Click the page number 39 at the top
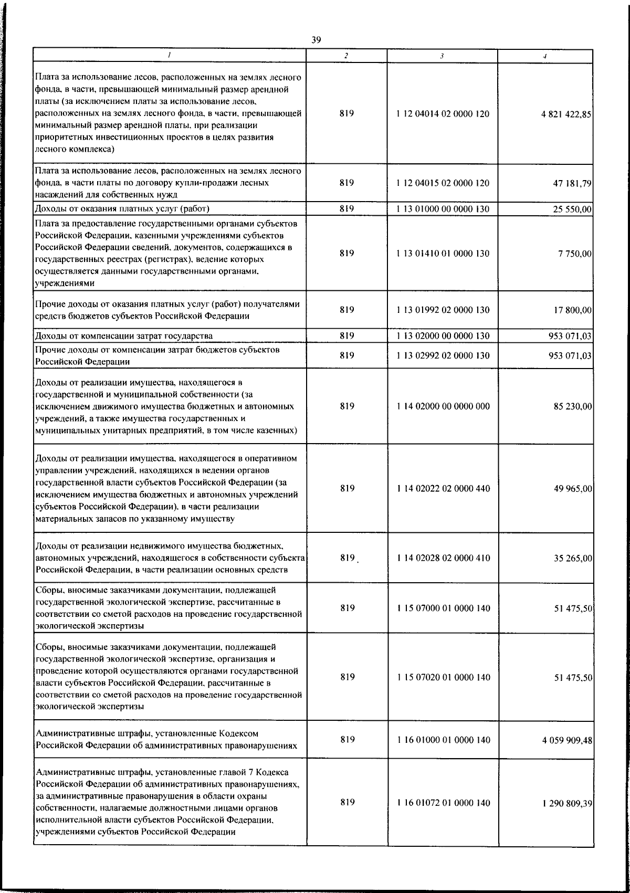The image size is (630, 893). (x=316, y=40)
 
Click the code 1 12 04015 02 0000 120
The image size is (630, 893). (x=444, y=183)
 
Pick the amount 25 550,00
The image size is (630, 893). (x=573, y=209)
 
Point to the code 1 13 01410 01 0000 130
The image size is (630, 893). (x=444, y=254)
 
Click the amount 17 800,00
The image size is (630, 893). (x=573, y=310)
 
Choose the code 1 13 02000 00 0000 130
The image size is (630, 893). (x=444, y=336)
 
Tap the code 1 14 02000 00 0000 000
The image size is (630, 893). (x=444, y=406)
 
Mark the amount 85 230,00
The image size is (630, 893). (x=573, y=406)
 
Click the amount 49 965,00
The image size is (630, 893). (x=573, y=489)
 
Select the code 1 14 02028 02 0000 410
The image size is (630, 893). (x=444, y=558)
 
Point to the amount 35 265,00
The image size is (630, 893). (x=573, y=558)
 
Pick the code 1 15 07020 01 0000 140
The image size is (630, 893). (x=444, y=678)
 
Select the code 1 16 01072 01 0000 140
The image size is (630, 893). (x=444, y=817)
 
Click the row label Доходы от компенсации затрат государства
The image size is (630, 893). (x=123, y=336)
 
